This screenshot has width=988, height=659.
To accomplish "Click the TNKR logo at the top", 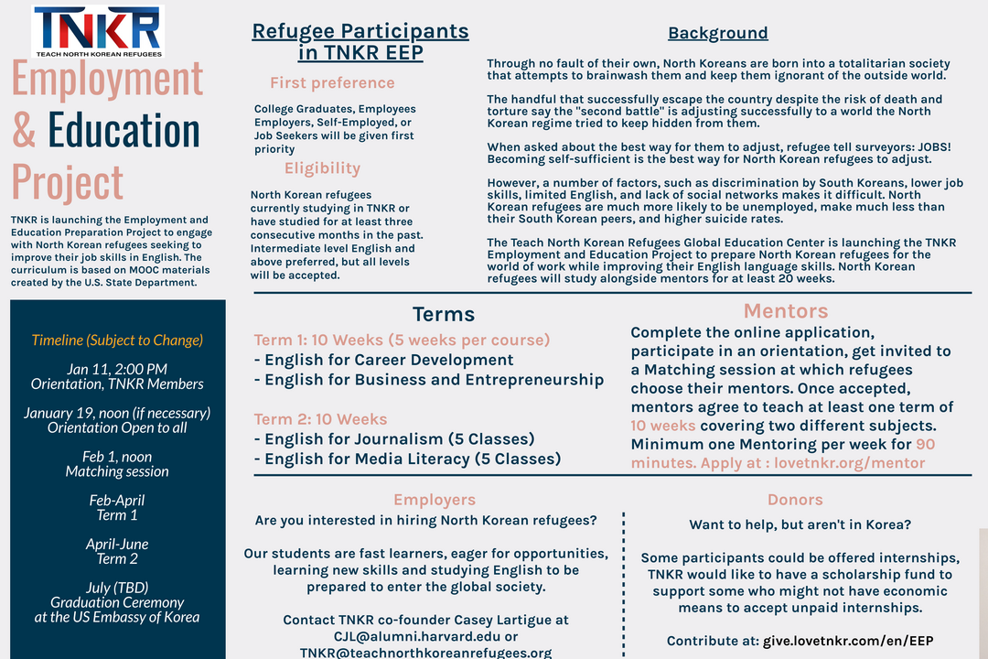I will point(98,30).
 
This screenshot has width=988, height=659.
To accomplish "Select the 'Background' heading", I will point(717,34).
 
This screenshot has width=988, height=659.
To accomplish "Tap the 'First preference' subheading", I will point(332,83).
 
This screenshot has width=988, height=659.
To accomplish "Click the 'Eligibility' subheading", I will point(322,168).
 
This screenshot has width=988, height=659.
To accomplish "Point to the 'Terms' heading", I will point(443,315).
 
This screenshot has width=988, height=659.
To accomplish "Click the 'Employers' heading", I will point(435,500).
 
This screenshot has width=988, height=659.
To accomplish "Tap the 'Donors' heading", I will point(795,500).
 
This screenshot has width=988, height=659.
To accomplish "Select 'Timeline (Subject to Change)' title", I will point(117,340).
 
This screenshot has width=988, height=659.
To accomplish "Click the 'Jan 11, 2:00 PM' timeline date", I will point(117,369).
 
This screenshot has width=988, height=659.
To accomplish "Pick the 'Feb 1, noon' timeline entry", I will point(117,457).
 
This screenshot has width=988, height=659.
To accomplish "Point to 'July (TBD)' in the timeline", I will point(117,588).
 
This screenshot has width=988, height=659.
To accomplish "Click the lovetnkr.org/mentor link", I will point(849,463).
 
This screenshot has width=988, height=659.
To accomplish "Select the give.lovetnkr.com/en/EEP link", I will point(848,641).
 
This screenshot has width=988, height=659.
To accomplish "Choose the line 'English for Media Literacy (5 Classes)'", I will point(413,459).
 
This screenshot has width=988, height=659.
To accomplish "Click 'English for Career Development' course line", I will point(389,360).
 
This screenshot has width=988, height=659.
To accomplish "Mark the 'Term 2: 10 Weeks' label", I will point(320,419).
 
